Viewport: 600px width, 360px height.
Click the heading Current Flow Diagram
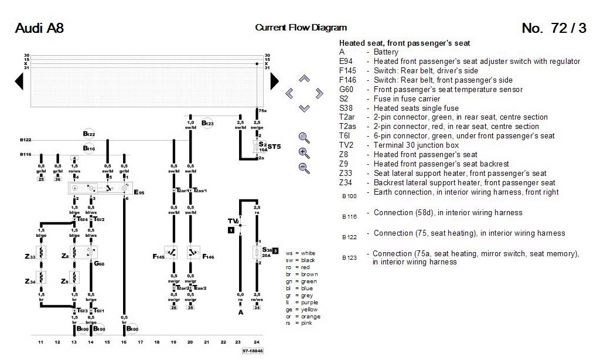[301, 28]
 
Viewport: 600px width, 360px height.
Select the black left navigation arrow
[19, 82]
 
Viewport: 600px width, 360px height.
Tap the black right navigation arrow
[274, 82]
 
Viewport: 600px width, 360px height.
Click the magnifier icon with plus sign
[304, 153]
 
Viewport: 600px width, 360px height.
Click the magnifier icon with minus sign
[304, 168]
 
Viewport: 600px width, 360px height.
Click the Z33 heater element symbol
[41, 257]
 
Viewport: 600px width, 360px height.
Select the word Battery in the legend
[386, 52]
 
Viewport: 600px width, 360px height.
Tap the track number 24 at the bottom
[257, 342]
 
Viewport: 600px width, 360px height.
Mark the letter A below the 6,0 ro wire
[240, 313]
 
